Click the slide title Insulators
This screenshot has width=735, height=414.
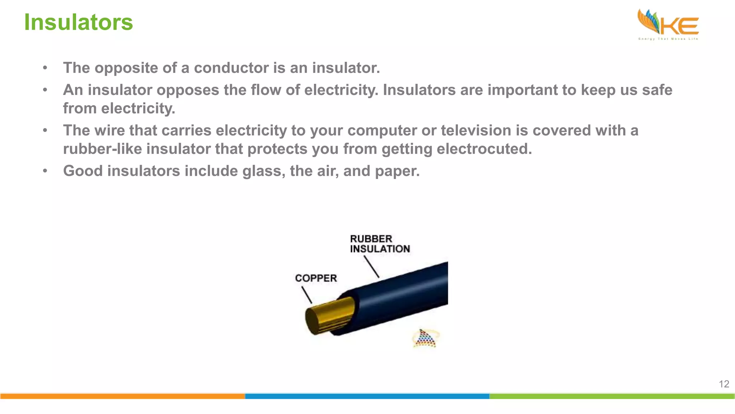coord(78,22)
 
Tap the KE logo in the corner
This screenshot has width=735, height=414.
coord(668,24)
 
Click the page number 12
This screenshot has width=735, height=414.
coord(724,384)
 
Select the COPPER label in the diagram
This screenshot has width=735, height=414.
coord(316,278)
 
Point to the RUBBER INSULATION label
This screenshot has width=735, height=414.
coord(379,244)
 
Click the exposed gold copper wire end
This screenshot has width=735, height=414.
coord(328,316)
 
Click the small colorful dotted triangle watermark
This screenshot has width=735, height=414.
coord(425,339)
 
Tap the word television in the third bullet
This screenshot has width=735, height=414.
coord(476,130)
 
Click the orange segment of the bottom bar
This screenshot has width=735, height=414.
coord(122,396)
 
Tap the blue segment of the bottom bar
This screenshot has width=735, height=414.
coord(367,396)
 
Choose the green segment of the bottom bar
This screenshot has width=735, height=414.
coord(612,396)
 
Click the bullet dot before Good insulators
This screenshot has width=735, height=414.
coord(45,171)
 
